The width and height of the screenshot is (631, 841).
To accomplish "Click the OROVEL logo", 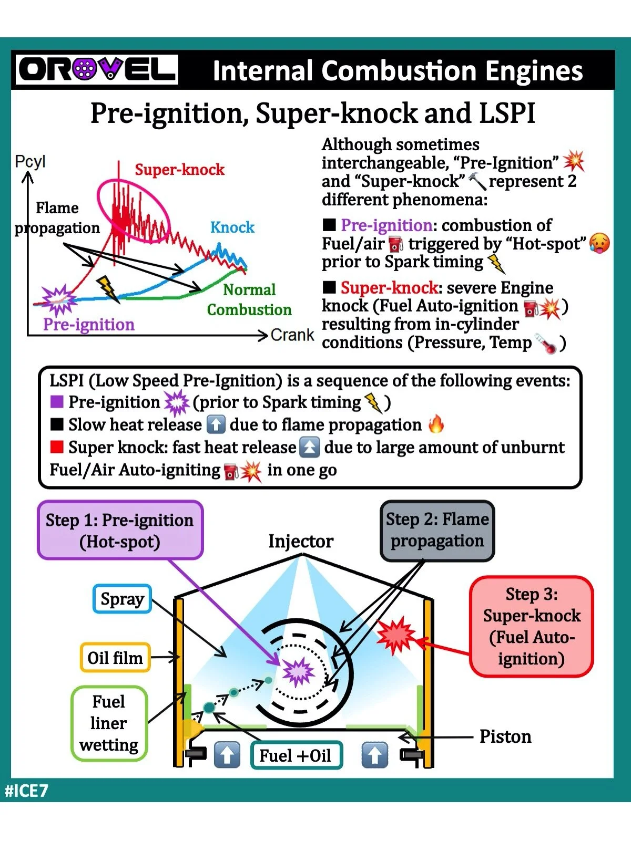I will click(x=97, y=69).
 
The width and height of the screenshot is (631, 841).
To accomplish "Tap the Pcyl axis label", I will click(x=30, y=161).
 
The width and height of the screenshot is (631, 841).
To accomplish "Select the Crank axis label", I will click(x=292, y=335).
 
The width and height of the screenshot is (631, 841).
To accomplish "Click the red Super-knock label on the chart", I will click(x=179, y=169).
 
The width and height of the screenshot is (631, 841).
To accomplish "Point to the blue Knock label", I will click(x=232, y=227).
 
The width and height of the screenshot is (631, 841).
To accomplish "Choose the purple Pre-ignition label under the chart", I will click(x=89, y=324).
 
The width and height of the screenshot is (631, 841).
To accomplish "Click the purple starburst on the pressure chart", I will click(x=58, y=300).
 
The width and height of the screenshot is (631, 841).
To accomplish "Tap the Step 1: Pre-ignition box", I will click(x=120, y=530).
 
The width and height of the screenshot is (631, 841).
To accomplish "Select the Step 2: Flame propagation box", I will click(x=437, y=530).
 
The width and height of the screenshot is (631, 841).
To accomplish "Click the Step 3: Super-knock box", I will click(x=532, y=626).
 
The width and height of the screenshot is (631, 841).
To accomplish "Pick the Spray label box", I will click(x=122, y=599).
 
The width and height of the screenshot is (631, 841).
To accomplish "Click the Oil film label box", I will click(x=115, y=658).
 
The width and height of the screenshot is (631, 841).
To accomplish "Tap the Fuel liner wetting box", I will click(x=109, y=723).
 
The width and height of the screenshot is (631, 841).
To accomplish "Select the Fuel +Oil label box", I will click(x=296, y=755).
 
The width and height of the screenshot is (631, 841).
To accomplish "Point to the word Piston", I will click(x=505, y=736).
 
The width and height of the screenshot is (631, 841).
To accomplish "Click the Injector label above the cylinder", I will click(x=301, y=541).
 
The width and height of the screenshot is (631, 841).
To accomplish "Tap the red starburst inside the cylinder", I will click(x=396, y=635).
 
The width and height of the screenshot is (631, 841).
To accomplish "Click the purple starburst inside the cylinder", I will click(x=298, y=672).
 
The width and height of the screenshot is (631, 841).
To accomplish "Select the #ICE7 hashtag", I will click(x=27, y=791).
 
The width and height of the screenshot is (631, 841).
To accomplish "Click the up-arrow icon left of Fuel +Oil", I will click(x=227, y=755).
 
